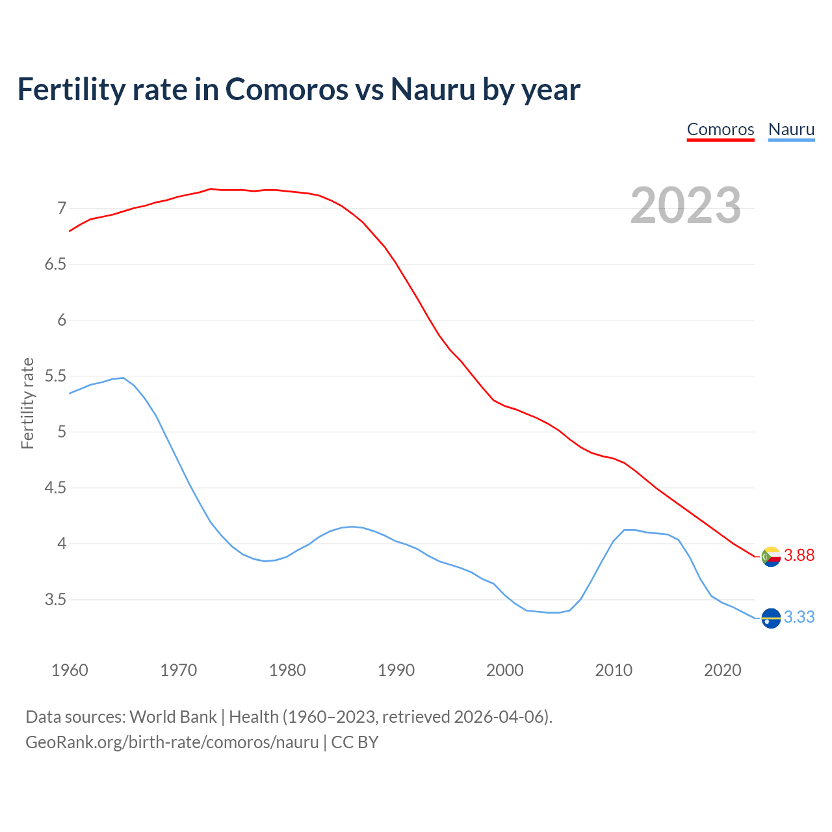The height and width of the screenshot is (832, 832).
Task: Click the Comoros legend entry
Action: tap(720, 129)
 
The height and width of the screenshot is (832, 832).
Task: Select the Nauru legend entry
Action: tap(791, 129)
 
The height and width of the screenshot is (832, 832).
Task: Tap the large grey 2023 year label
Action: tap(685, 205)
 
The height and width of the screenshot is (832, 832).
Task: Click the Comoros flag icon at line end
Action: tap(771, 556)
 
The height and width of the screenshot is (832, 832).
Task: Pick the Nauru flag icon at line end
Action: tap(771, 617)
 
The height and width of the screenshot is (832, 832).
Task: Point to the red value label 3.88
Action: tap(799, 556)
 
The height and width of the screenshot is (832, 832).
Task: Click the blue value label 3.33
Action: tap(799, 617)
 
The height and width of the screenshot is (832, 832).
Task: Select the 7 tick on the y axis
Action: tap(62, 209)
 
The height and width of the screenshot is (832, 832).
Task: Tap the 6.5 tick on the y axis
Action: tap(55, 265)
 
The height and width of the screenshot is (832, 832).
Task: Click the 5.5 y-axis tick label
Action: tap(55, 376)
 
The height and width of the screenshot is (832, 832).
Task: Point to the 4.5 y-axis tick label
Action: tap(55, 488)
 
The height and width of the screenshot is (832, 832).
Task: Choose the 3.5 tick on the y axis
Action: tap(55, 600)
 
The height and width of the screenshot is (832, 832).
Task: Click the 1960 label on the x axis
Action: tap(70, 670)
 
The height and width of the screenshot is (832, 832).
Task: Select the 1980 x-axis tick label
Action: tap(287, 670)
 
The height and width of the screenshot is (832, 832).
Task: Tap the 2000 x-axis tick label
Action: tap(505, 670)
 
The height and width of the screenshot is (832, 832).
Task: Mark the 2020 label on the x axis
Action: tap(722, 670)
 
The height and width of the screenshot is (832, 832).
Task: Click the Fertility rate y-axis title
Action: tap(27, 403)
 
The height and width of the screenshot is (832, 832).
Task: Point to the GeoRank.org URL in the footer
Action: tap(172, 742)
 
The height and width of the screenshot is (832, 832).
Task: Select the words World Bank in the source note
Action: tap(173, 717)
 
